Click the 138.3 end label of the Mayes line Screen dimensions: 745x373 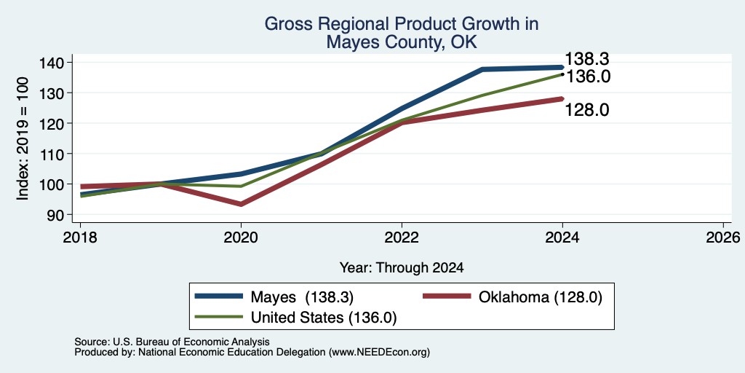[x=586, y=60]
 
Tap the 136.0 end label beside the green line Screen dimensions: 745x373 [x=588, y=76]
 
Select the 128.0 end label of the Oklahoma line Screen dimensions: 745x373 [x=586, y=110]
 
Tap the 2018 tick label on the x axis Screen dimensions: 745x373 [x=80, y=237]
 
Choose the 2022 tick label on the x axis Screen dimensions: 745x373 [x=402, y=237]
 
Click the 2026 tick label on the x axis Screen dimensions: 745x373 [x=723, y=237]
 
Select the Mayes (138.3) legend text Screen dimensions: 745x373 [x=302, y=297]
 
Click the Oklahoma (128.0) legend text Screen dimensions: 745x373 [x=541, y=297]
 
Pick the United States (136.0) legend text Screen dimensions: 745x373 [x=324, y=318]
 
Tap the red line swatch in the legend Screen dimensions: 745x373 [x=446, y=297]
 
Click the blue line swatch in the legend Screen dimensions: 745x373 [x=218, y=297]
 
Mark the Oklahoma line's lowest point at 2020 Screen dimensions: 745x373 [x=241, y=204]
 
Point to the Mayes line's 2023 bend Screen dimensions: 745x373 [x=482, y=69]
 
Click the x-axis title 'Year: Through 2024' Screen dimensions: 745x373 [x=402, y=268]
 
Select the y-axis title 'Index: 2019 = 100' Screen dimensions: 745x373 [x=23, y=138]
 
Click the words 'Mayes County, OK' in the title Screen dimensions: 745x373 [x=402, y=42]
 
